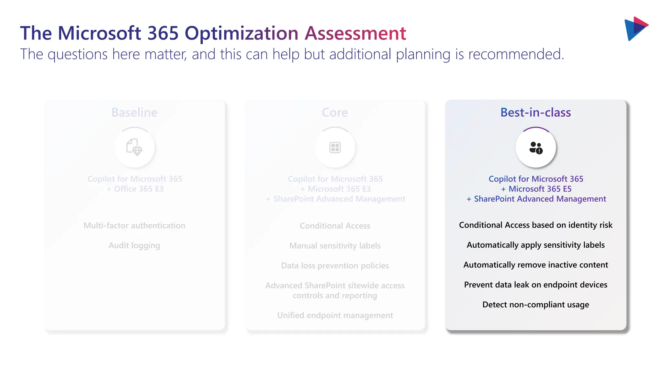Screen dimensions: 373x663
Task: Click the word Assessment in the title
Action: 355,33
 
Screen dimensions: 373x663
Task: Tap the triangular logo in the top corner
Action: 635,28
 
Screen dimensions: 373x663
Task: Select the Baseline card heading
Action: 134,112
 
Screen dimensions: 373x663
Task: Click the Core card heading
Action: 335,112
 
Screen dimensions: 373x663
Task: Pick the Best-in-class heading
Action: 535,112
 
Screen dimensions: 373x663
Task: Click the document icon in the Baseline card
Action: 134,147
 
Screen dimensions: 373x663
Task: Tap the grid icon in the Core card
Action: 335,147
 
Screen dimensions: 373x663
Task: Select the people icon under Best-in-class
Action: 536,148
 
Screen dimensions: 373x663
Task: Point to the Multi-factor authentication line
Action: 134,225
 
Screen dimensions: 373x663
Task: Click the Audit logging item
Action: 134,245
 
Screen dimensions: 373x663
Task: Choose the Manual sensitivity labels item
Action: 335,246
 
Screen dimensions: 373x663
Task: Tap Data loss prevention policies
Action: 335,266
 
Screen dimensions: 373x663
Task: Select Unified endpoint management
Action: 335,315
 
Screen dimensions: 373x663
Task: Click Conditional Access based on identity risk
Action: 535,225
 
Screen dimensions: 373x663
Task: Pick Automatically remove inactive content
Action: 535,265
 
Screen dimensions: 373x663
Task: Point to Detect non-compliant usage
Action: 535,305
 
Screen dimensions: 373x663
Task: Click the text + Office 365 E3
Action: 135,189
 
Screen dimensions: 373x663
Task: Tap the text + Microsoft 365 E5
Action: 536,189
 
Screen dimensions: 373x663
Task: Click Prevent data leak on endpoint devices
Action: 535,285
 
